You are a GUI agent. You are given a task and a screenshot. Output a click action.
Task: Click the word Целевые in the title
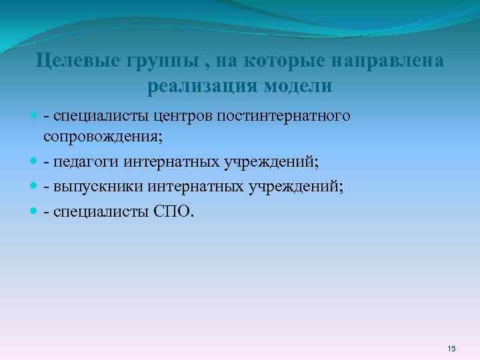coord(77,63)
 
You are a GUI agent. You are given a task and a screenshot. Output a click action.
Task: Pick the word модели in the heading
coord(298,87)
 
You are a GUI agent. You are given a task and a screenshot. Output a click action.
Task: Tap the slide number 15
coord(451,349)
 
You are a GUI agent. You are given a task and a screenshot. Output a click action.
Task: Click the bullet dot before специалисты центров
coord(35,117)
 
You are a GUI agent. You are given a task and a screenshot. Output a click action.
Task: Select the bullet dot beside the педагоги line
coord(35,162)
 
